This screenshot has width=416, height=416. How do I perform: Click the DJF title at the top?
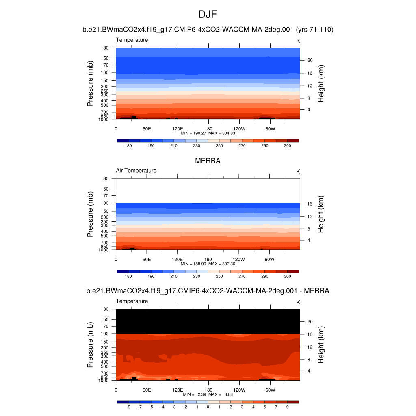[x=208, y=15]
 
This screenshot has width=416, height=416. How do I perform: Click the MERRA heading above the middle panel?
[x=208, y=161]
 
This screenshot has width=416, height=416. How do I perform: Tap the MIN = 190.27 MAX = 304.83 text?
[x=208, y=133]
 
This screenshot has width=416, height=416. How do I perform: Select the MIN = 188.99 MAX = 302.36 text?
[x=208, y=264]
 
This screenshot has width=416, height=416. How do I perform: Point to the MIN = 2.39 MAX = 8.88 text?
[x=208, y=394]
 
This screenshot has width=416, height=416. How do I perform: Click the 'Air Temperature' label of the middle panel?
[x=136, y=171]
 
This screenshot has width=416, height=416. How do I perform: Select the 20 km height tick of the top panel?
[x=310, y=60]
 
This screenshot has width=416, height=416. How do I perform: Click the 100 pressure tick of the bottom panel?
[x=106, y=334]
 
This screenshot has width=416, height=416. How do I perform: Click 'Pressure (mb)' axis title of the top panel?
[x=90, y=84]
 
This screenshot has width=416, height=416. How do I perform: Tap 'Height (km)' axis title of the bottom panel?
[x=321, y=345]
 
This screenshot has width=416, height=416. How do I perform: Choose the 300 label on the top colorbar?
[x=287, y=145]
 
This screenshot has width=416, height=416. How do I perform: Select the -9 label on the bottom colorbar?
[x=128, y=407]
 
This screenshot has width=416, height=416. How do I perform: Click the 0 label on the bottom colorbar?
[x=208, y=407]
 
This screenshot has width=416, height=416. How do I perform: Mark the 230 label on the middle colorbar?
[x=197, y=276]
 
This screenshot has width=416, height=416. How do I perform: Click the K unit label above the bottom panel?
[x=298, y=302]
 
